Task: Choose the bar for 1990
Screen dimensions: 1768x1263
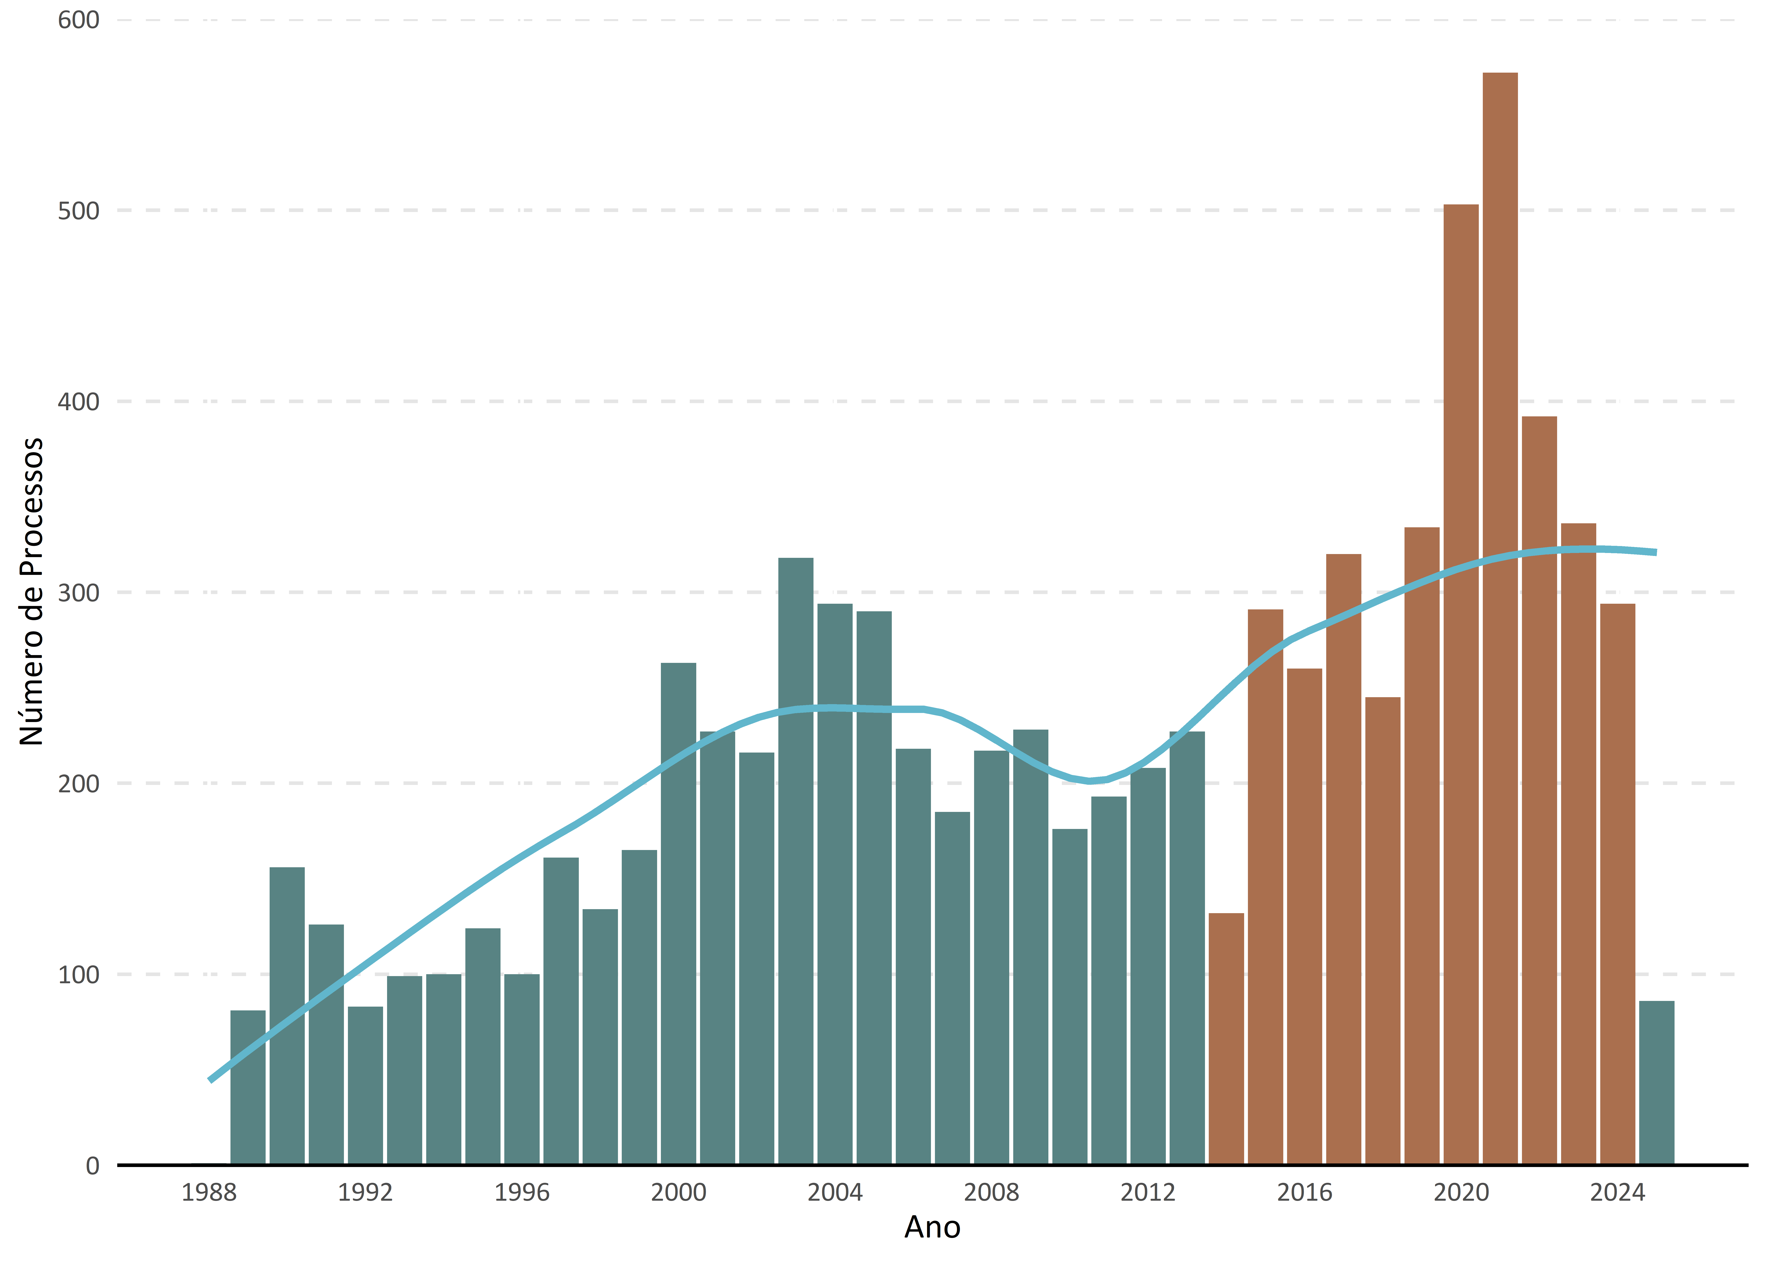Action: coord(287,1016)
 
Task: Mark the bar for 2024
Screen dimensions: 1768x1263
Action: coord(1617,884)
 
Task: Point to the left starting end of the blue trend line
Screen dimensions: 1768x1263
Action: coord(210,1080)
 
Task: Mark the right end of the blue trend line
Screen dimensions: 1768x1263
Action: coord(1656,552)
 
